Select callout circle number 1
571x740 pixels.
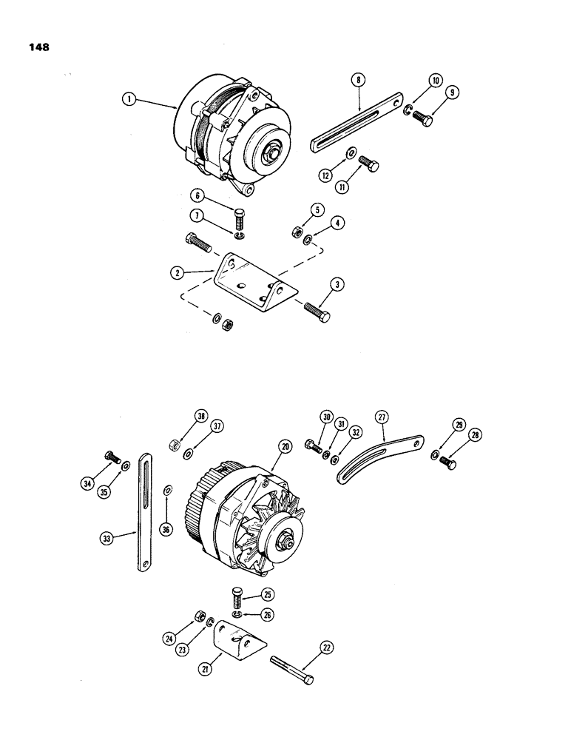coord(129,97)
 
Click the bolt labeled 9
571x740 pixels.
coord(425,118)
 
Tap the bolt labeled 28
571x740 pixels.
coord(447,462)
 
